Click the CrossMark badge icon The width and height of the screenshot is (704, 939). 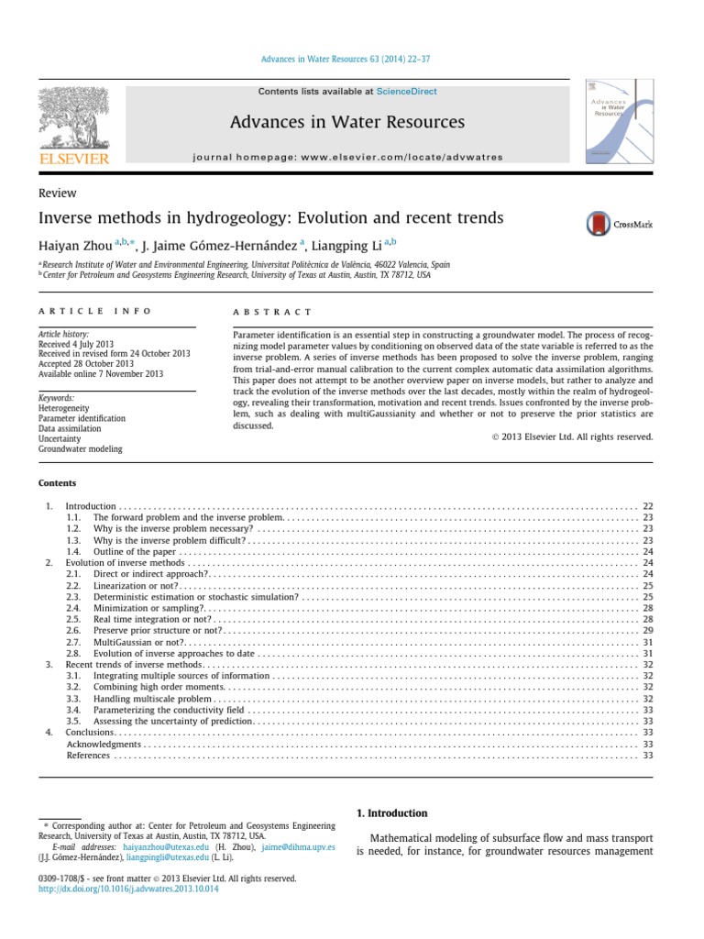(x=619, y=223)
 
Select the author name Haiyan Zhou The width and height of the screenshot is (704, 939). (x=82, y=244)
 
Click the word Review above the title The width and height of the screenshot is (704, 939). (x=57, y=193)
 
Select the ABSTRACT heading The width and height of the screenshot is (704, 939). (x=273, y=313)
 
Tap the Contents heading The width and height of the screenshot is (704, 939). (x=57, y=483)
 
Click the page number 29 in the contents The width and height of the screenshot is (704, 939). (x=647, y=631)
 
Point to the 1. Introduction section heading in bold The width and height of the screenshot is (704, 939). (x=390, y=813)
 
